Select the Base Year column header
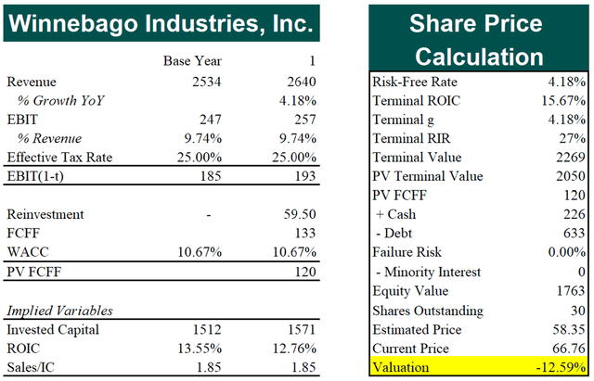pyautogui.click(x=194, y=62)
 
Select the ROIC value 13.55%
pyautogui.click(x=200, y=349)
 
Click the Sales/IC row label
pyautogui.click(x=32, y=368)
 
